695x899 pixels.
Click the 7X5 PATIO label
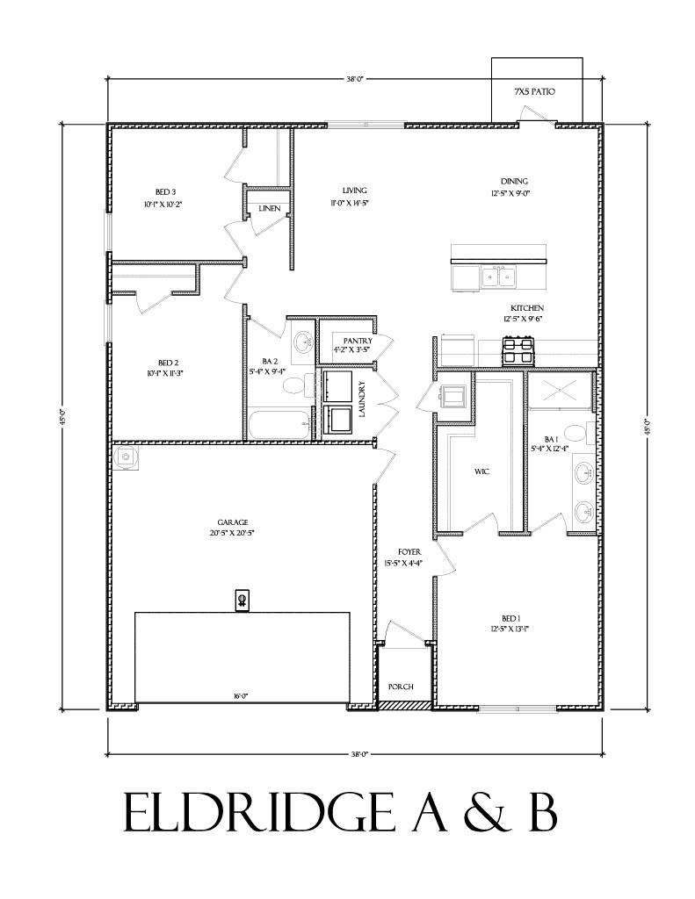click(535, 91)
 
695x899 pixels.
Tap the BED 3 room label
click(166, 192)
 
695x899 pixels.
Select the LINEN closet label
click(269, 208)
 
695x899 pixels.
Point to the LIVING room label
click(354, 191)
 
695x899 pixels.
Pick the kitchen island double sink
click(499, 277)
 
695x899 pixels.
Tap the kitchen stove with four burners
click(518, 353)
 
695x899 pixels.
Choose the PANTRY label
click(358, 341)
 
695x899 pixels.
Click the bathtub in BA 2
click(279, 424)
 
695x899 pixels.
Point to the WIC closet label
click(481, 472)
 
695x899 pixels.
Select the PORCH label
click(401, 687)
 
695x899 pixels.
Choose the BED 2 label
click(169, 363)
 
